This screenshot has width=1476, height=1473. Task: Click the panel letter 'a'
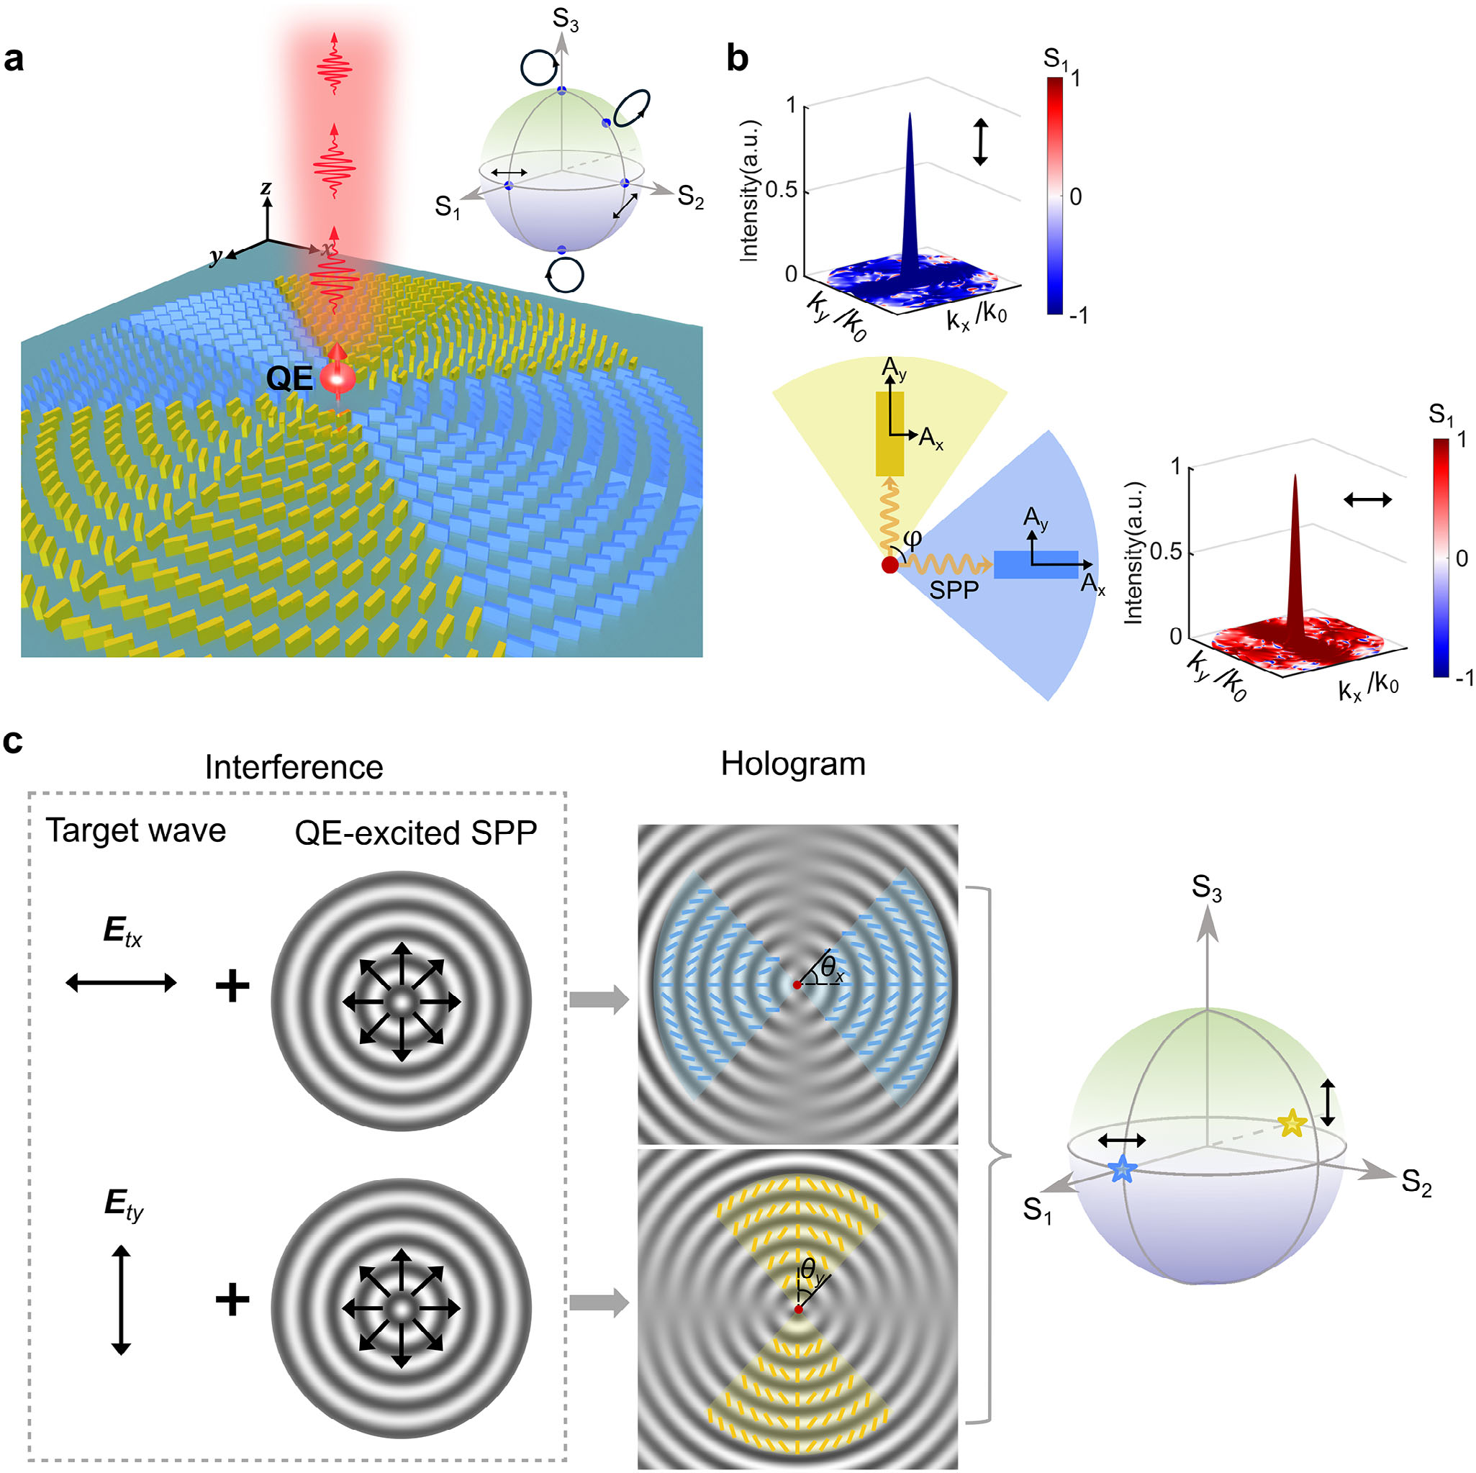14,59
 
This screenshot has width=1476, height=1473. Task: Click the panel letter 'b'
737,59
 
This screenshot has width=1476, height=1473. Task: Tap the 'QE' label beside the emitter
289,379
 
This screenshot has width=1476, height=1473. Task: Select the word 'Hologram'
793,764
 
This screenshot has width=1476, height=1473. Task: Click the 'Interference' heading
294,767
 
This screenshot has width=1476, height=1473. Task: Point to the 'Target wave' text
136,830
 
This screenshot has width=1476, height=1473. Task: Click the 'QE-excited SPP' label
417,833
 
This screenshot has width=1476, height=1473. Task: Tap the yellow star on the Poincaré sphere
1291,1123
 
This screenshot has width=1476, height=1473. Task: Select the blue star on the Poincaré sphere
1121,1169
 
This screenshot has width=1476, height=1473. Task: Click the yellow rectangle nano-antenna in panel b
890,433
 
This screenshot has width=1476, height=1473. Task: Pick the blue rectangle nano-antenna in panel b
1035,564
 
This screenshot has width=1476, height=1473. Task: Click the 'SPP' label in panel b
954,589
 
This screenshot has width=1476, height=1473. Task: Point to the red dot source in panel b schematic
889,566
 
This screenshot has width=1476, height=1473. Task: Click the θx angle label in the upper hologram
832,971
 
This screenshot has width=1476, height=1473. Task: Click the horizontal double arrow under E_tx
122,983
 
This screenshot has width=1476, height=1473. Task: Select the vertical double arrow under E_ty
122,1300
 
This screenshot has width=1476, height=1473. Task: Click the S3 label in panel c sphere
1207,888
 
